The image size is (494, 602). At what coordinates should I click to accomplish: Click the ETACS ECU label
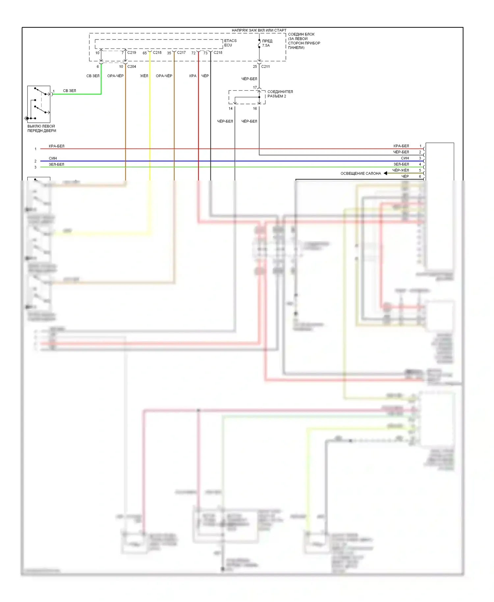point(230,43)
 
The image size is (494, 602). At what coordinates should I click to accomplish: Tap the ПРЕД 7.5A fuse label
point(267,43)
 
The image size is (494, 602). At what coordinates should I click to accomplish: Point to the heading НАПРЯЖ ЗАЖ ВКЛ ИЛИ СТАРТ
point(259,30)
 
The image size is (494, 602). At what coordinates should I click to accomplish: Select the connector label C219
point(132,52)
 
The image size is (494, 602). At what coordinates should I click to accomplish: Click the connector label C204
point(132,67)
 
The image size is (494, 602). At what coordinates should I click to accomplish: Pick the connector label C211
point(265,67)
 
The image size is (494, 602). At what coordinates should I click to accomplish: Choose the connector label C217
point(181,52)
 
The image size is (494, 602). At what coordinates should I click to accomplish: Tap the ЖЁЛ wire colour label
point(144,76)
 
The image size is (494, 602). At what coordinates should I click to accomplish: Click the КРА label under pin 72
point(193,76)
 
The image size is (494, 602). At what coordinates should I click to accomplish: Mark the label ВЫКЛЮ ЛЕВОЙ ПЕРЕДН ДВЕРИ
point(41,128)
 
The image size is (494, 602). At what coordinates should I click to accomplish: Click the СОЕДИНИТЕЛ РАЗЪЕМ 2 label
point(280,94)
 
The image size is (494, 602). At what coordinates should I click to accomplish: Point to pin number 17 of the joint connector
point(255,88)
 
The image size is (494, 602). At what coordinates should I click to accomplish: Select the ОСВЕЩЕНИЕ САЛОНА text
point(361,173)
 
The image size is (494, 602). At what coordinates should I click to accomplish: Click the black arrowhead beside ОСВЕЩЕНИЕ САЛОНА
point(385,173)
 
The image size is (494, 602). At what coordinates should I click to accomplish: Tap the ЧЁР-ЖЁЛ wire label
point(400,170)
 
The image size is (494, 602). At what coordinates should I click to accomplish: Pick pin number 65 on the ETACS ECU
point(145,53)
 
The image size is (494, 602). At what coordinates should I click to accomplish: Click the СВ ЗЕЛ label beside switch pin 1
point(69,91)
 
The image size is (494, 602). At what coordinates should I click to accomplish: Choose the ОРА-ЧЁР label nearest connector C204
point(115,76)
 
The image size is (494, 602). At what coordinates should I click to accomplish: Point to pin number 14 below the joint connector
point(231,108)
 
